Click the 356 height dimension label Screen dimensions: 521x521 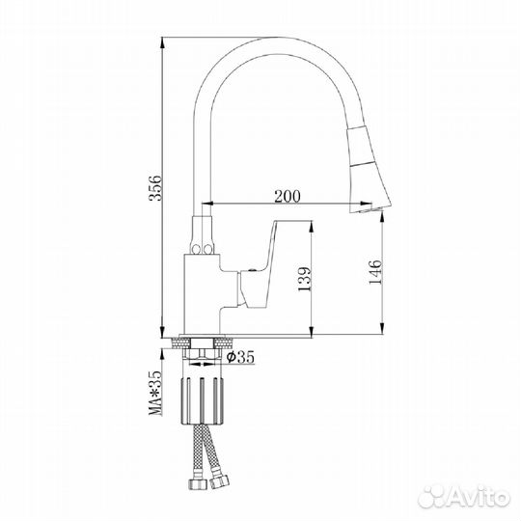(154, 188)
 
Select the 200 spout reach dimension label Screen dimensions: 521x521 (288, 196)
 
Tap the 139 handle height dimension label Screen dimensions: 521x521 (304, 279)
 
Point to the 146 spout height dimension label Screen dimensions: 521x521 (375, 272)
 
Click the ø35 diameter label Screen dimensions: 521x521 (240, 357)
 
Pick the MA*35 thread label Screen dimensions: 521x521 (155, 393)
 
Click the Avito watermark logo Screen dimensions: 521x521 (464, 497)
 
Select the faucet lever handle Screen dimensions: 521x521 (260, 262)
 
